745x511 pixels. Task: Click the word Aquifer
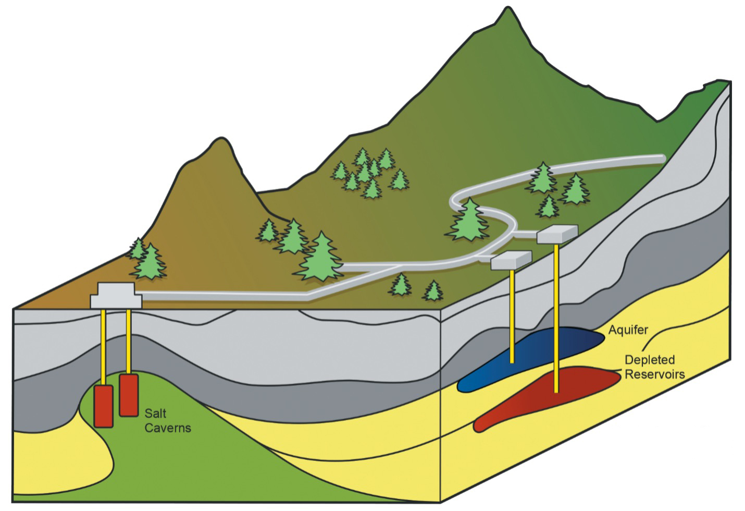click(x=628, y=330)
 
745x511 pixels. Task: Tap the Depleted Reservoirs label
click(x=654, y=367)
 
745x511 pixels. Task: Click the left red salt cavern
click(x=103, y=406)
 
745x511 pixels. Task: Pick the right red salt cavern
click(x=128, y=395)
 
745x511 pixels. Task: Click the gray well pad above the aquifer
click(x=511, y=260)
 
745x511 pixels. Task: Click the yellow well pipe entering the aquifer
click(x=513, y=313)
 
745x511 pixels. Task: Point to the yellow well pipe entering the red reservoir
click(x=557, y=313)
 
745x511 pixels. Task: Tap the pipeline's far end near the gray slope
click(x=662, y=157)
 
